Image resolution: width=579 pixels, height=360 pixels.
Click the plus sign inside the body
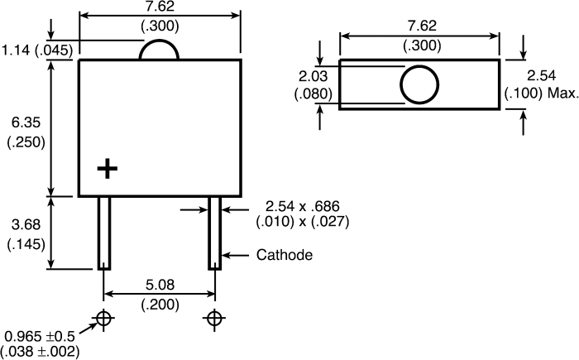click(107, 169)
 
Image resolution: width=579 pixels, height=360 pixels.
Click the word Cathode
click(285, 255)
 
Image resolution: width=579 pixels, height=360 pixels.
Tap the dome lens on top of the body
click(159, 41)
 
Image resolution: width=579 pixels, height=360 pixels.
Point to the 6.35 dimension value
click(26, 122)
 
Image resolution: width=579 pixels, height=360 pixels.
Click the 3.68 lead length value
click(26, 224)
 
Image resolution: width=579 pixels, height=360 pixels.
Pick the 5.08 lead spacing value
click(160, 285)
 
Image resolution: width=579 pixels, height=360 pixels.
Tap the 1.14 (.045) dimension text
click(37, 50)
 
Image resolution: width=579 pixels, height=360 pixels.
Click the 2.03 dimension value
click(313, 76)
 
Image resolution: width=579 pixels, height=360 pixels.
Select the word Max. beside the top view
click(562, 94)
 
